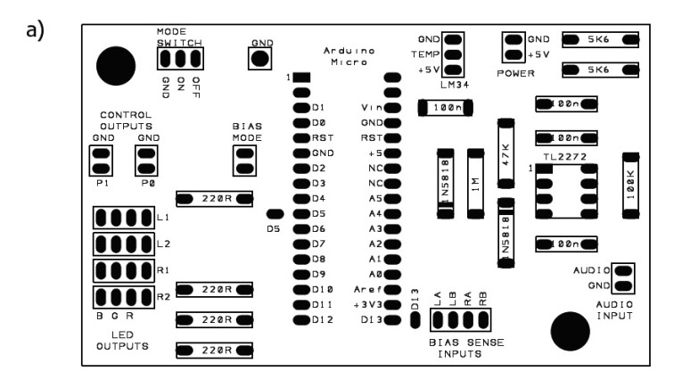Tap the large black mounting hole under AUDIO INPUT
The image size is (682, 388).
click(571, 333)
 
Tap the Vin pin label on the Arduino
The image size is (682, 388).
click(372, 107)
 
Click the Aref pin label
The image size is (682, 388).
click(369, 289)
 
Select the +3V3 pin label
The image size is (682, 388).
click(367, 304)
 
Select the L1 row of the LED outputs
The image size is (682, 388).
click(124, 217)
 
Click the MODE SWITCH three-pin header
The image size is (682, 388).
click(179, 59)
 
